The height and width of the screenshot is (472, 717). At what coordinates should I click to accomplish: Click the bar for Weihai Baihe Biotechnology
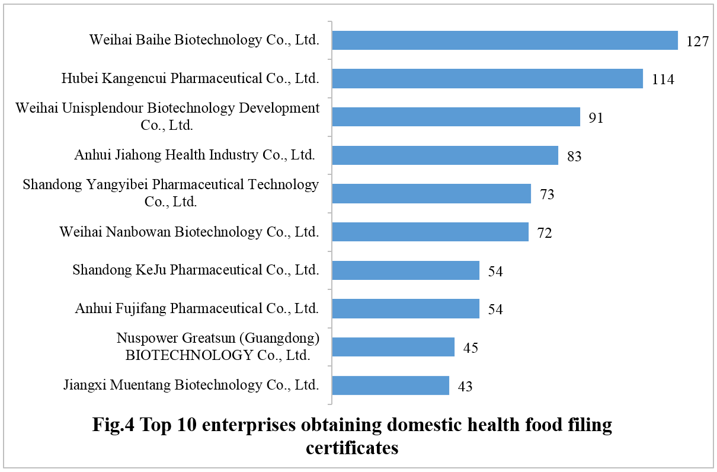click(504, 40)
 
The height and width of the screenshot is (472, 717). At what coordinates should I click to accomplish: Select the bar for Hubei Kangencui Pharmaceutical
click(487, 78)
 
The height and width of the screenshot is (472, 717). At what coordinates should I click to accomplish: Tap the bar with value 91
click(456, 117)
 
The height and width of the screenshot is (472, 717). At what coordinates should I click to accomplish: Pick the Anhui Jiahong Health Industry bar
click(445, 155)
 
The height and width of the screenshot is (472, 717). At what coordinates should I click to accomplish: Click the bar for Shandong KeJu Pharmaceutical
click(405, 270)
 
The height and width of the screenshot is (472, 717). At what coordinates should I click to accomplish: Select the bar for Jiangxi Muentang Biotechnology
click(390, 385)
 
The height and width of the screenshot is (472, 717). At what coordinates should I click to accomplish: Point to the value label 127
click(697, 43)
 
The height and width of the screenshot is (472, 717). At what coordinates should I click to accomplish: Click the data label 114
click(662, 80)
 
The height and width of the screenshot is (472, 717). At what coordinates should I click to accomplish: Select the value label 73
click(546, 194)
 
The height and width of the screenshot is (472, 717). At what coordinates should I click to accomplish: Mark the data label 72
click(544, 233)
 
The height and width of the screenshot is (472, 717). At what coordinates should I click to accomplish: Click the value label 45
click(470, 347)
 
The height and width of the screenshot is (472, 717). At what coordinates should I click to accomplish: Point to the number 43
click(465, 387)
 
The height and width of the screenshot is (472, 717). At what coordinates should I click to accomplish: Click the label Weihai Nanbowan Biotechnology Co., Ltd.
click(189, 232)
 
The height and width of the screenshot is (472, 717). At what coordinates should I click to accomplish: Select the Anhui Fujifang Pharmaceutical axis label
click(197, 308)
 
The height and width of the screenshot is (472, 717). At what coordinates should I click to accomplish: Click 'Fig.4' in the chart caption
click(117, 425)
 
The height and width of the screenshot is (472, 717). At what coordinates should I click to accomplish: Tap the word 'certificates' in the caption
click(352, 448)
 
